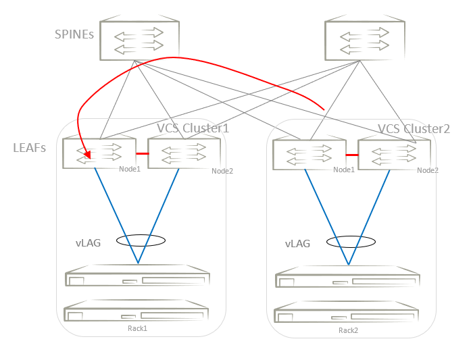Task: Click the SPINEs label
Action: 75,33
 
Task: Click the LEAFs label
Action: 30,147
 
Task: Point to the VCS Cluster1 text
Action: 193,128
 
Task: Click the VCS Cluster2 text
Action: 414,128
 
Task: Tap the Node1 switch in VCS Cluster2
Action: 308,155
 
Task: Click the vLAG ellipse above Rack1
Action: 141,240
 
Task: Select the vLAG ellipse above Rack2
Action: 350,242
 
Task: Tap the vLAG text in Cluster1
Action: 89,242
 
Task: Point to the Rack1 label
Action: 137,328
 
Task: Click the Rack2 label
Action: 348,330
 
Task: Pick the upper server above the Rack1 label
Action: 138,280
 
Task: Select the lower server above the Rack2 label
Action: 347,315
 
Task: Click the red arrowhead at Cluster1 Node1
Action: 86,159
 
